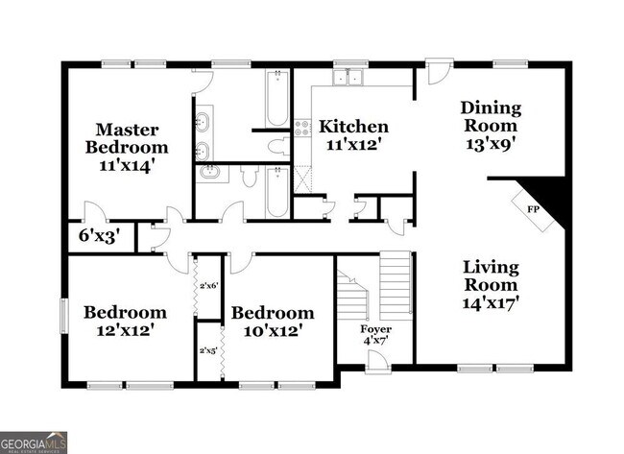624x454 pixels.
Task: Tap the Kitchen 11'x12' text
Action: (353, 135)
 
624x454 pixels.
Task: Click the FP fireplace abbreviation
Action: (531, 206)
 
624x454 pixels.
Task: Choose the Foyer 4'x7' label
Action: (376, 335)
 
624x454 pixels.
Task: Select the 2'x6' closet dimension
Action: (209, 285)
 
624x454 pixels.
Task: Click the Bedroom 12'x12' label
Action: (125, 321)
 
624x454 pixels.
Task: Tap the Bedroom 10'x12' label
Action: (272, 321)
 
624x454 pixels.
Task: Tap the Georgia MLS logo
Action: (35, 442)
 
